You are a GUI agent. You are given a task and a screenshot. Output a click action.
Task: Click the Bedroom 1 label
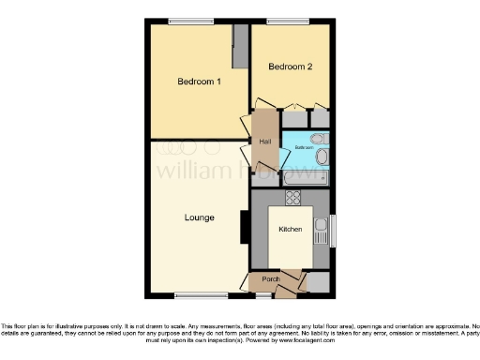tap(199, 82)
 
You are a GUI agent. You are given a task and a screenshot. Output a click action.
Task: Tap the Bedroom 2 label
tap(290, 67)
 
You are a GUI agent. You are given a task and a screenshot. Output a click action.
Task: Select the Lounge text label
tap(199, 217)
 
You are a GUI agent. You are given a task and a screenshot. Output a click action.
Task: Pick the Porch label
tap(271, 278)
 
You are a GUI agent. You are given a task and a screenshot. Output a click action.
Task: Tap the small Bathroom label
tap(304, 148)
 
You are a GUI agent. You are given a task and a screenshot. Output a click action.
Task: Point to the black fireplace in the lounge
tap(245, 226)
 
